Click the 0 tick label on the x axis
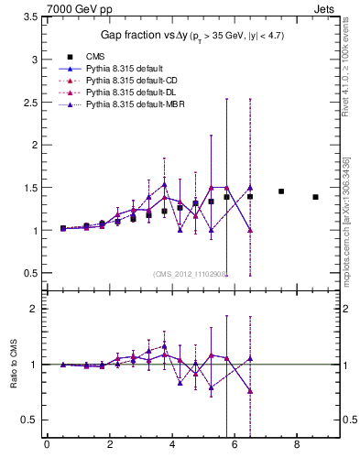pos(47,446)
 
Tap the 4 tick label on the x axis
pos(171,446)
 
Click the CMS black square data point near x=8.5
pos(315,197)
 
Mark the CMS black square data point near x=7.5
pos(281,191)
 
